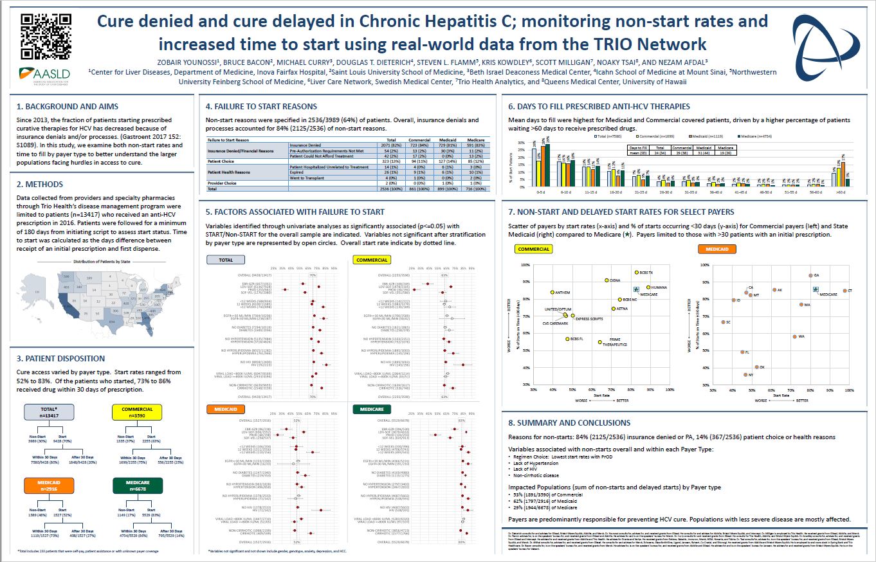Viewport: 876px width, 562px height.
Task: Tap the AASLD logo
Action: point(44,74)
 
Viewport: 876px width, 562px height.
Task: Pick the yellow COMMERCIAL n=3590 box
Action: point(136,412)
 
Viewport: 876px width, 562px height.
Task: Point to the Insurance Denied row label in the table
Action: point(322,145)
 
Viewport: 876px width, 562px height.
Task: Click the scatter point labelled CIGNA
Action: point(607,280)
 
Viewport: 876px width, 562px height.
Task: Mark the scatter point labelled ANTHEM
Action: point(552,293)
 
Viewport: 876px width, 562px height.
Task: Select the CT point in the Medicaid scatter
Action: point(844,291)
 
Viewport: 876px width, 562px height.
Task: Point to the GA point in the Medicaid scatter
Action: point(810,275)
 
